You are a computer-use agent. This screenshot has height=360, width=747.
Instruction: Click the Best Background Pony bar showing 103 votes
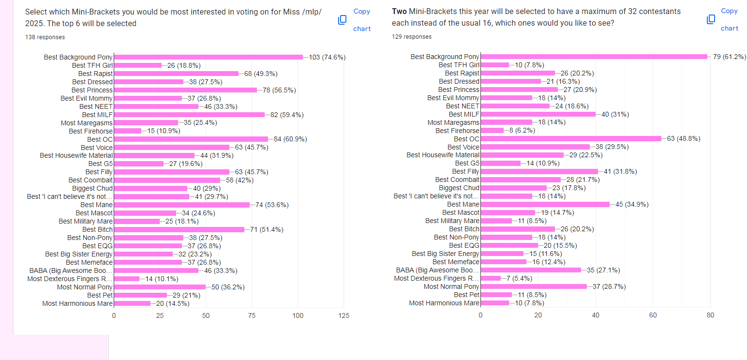(x=208, y=57)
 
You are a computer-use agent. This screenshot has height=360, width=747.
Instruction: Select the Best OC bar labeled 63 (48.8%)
(x=571, y=139)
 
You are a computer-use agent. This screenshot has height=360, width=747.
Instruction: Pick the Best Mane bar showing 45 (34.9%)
(x=545, y=204)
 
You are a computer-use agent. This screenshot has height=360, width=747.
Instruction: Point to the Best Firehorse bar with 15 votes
(x=128, y=131)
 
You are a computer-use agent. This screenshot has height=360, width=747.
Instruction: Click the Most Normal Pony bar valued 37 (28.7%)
(x=534, y=286)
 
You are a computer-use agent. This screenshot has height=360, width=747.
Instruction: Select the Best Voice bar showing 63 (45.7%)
(x=171, y=148)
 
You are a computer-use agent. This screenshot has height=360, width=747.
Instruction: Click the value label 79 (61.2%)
(x=730, y=57)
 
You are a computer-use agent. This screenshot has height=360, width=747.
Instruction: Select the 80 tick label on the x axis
(x=710, y=315)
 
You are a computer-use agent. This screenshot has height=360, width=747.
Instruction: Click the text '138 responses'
(x=45, y=37)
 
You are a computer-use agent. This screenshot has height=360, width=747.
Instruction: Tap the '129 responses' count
(x=412, y=37)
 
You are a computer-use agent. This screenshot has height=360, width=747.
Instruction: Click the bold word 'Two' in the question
(x=399, y=11)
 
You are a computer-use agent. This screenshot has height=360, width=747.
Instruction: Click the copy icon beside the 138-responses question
(x=343, y=20)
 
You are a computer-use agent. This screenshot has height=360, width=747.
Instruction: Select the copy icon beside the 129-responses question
(x=711, y=19)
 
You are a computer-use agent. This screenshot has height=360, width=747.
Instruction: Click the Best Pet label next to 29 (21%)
(x=100, y=295)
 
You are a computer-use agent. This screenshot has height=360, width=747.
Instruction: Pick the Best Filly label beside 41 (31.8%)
(x=465, y=171)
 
